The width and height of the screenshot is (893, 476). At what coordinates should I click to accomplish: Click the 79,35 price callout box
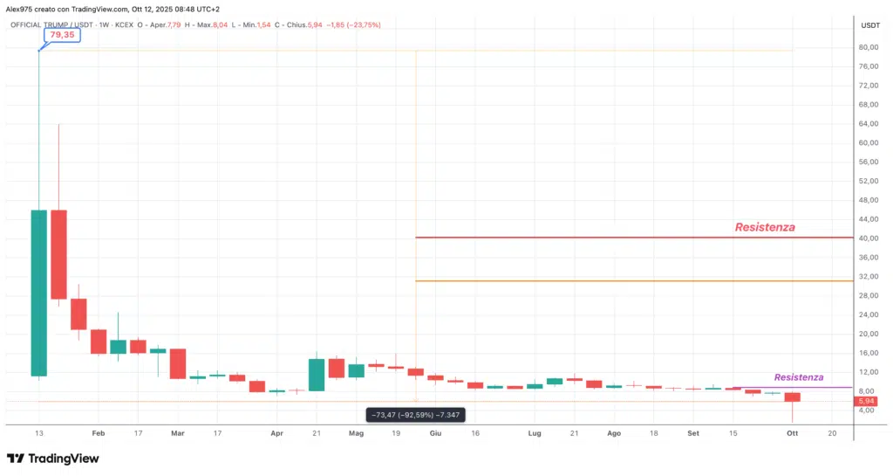coord(61,36)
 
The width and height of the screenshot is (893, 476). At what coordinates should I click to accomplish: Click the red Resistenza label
coord(765,227)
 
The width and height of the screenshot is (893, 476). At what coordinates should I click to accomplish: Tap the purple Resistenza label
coord(799,377)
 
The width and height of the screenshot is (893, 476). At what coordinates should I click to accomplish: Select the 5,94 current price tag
coord(866,401)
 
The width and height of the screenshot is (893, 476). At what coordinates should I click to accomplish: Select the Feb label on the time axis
coord(98,432)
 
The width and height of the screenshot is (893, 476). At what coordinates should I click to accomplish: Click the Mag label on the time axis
coord(356,432)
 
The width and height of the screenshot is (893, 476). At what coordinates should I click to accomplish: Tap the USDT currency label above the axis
coord(870,24)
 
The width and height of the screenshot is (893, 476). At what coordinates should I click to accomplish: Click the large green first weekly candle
coord(38,293)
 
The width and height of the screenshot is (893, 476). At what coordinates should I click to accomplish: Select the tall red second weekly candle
coord(58,254)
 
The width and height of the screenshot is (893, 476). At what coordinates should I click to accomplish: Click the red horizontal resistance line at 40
coord(610,238)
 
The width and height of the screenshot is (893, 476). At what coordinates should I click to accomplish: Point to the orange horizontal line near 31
coord(610,281)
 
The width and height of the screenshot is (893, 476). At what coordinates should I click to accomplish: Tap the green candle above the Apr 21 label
coord(317,374)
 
